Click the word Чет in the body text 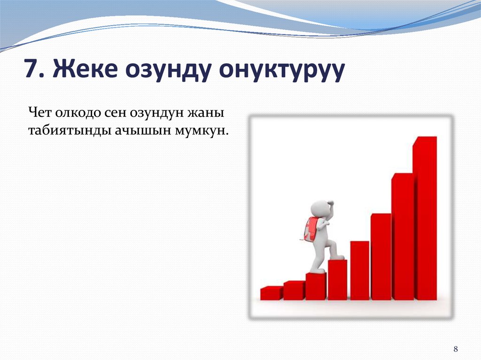click(x=39, y=113)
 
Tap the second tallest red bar click(x=403, y=237)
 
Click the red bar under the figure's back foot click(x=316, y=286)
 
